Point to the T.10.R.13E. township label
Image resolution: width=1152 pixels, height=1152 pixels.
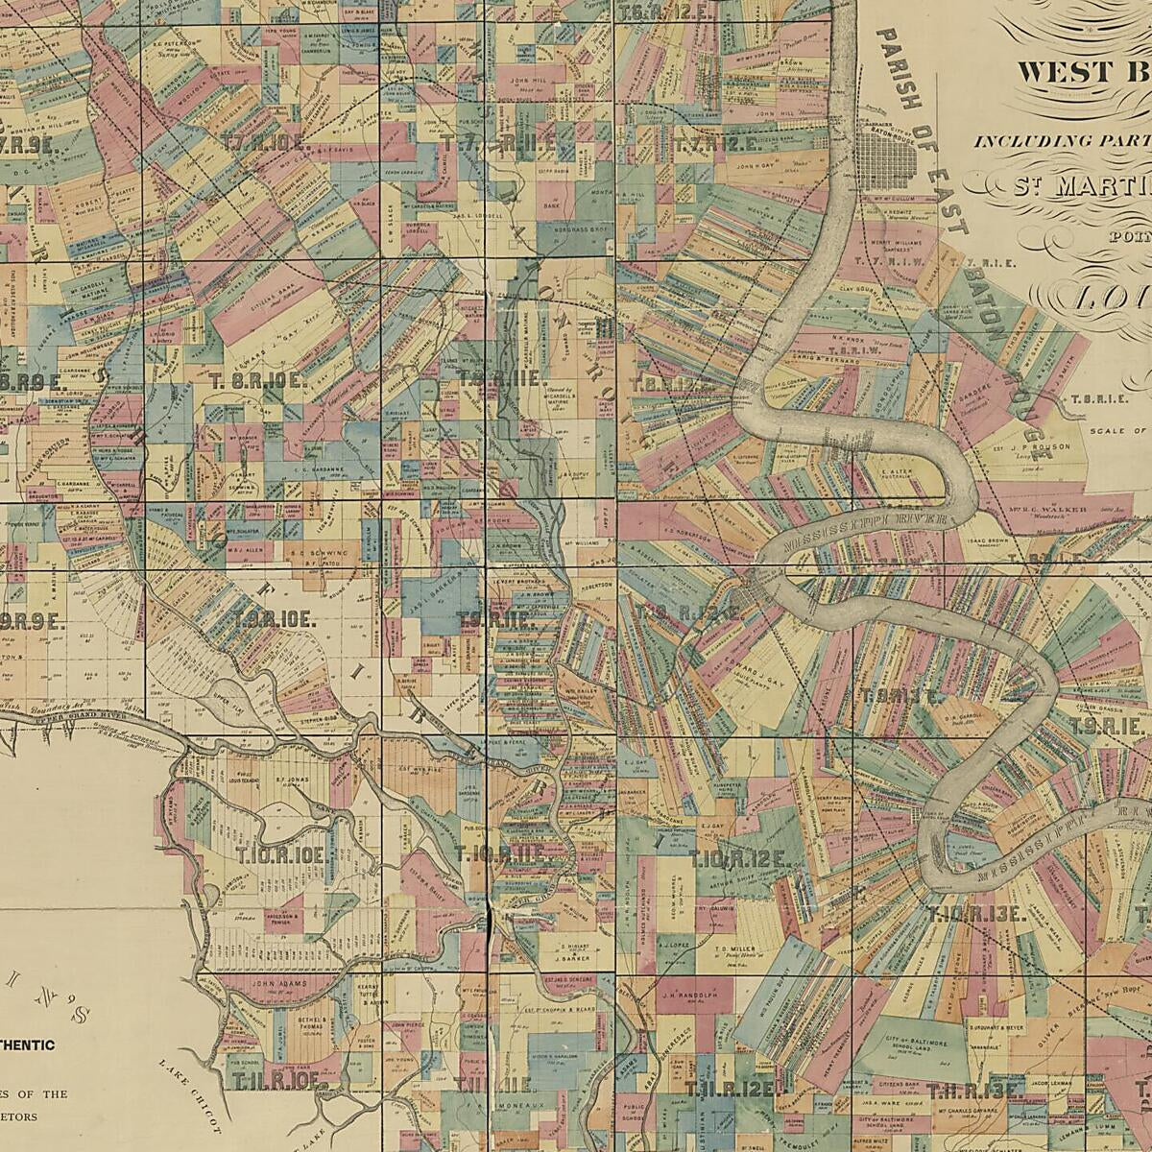coord(977,914)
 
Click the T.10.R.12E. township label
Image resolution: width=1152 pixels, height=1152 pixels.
coord(740,859)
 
